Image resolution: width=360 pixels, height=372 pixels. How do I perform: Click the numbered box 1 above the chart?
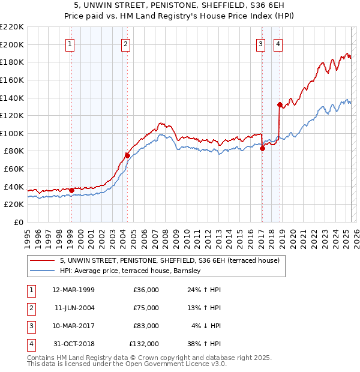(71, 43)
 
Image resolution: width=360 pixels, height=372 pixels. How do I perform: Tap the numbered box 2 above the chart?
(125, 43)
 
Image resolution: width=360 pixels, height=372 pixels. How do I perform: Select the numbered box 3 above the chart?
(261, 43)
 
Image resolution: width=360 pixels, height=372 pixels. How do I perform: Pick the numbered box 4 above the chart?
(278, 43)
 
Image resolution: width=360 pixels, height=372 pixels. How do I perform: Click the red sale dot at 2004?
(127, 155)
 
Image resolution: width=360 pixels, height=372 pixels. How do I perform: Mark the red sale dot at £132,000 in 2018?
(280, 104)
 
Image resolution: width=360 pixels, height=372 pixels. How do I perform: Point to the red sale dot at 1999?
(71, 190)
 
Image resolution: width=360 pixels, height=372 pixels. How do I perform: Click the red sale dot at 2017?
(262, 148)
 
